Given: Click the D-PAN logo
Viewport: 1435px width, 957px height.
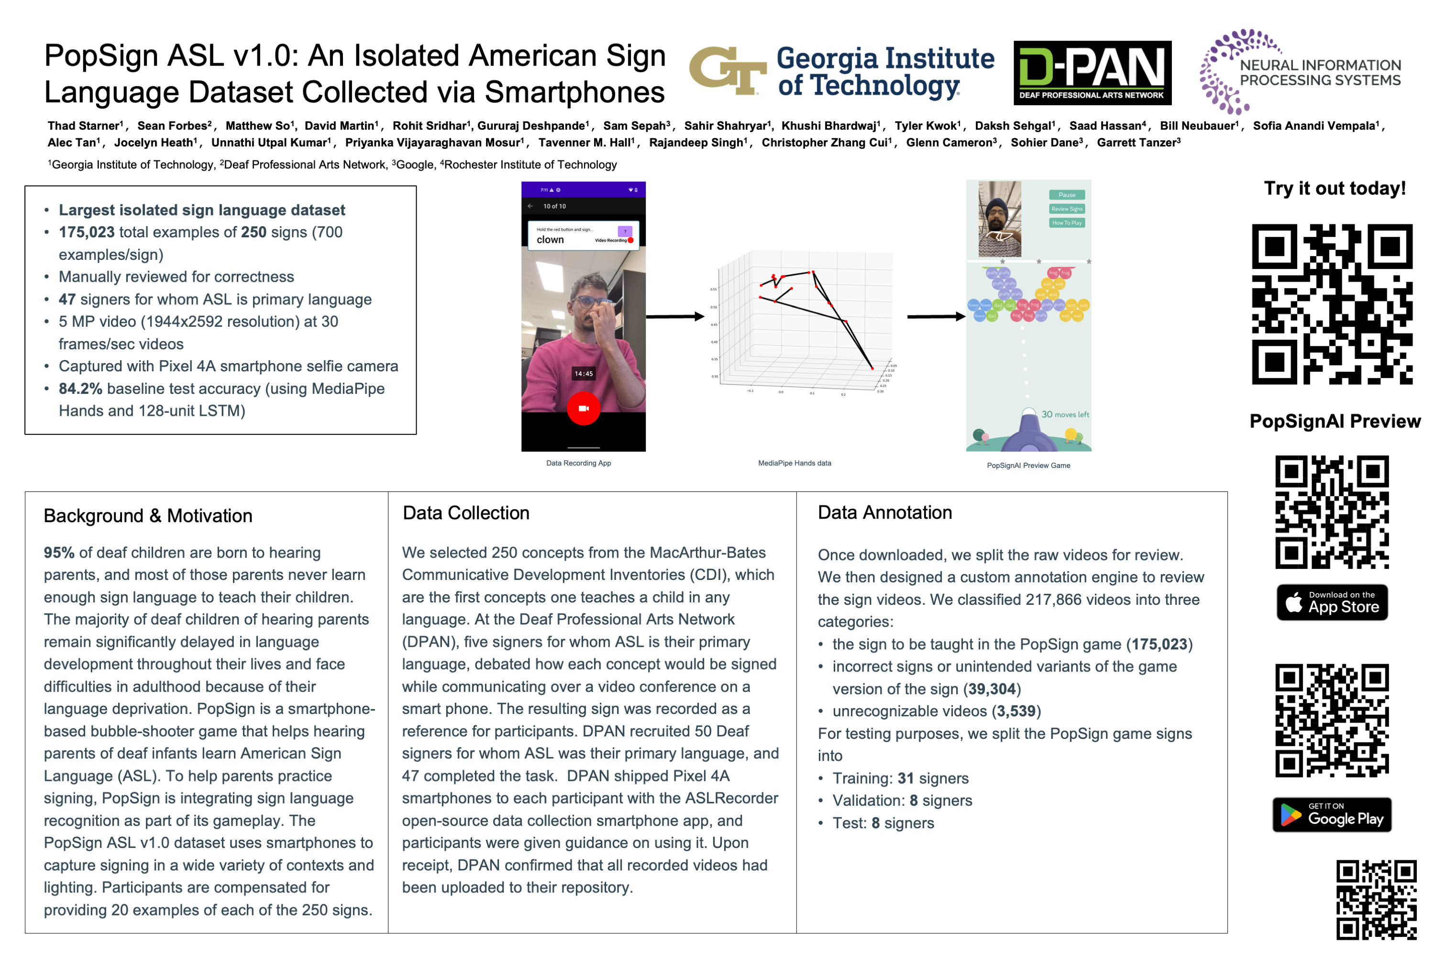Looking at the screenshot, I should tap(1092, 73).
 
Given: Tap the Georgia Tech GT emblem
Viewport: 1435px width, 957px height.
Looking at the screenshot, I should tap(727, 71).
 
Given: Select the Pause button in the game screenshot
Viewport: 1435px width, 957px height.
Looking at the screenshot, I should tap(1067, 195).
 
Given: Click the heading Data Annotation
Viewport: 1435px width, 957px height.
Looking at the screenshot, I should tap(884, 512).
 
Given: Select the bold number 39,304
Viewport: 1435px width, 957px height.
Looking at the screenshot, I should tap(992, 689).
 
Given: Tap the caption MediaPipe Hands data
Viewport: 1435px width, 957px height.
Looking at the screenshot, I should tap(795, 463).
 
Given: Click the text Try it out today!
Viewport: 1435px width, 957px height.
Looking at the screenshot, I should tap(1335, 188).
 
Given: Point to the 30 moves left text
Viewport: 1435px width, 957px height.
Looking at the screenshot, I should tap(1065, 414).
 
